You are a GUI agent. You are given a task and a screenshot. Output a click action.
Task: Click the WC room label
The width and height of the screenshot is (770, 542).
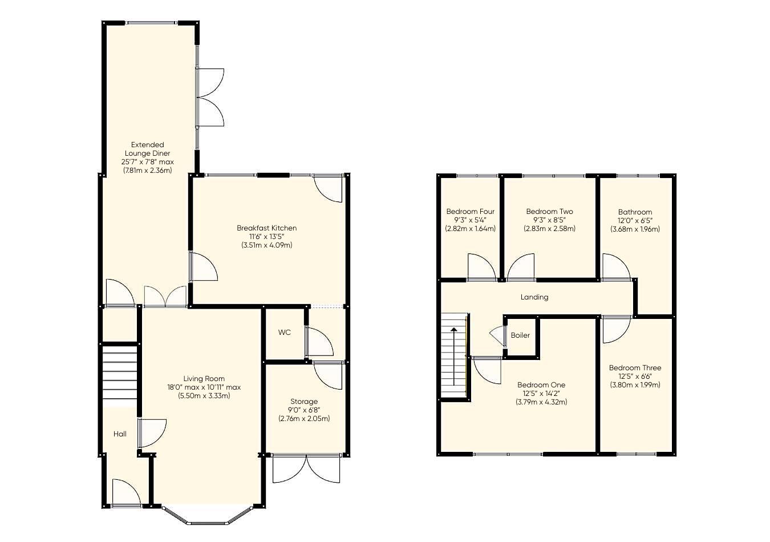284,333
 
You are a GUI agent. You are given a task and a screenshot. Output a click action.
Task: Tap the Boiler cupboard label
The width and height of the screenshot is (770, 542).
520,335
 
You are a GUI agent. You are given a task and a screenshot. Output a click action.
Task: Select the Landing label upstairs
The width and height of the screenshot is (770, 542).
534,297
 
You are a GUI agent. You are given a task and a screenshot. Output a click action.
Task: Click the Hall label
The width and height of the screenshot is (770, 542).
120,434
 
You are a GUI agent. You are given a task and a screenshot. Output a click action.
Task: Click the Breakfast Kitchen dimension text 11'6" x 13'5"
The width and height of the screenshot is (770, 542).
266,237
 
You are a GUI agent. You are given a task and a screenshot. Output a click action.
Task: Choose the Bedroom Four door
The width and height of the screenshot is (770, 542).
482,267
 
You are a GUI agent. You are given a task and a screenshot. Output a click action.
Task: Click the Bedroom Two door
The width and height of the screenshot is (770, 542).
521,267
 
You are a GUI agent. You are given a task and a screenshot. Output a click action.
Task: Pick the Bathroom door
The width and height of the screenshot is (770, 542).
616,267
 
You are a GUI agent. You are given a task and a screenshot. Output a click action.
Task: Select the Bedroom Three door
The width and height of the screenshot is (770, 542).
617,329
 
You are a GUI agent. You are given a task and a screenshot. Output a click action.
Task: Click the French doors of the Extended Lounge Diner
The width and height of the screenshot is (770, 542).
210,97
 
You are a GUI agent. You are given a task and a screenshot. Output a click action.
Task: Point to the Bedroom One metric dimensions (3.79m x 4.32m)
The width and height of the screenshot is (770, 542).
541,402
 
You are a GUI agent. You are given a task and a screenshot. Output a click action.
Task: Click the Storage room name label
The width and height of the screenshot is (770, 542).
304,402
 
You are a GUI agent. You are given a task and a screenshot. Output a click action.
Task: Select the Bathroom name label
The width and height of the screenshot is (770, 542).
635,212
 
